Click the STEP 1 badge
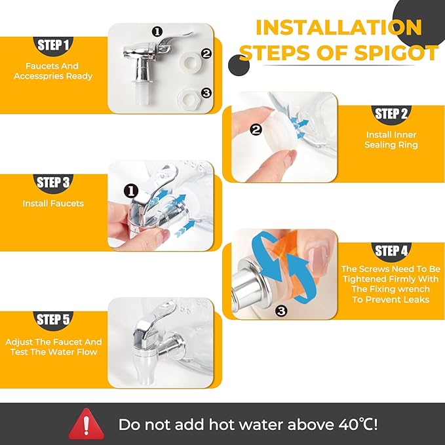53,45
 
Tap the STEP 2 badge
391,114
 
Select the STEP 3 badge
53,183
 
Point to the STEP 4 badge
391,251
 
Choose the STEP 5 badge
53,320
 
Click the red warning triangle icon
87,424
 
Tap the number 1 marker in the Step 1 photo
157,31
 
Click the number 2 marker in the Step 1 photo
206,54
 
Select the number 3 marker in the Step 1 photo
206,93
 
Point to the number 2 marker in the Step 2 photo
256,130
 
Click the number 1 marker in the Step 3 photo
131,191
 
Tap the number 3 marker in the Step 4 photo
281,311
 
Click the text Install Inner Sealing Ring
391,140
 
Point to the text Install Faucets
53,203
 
